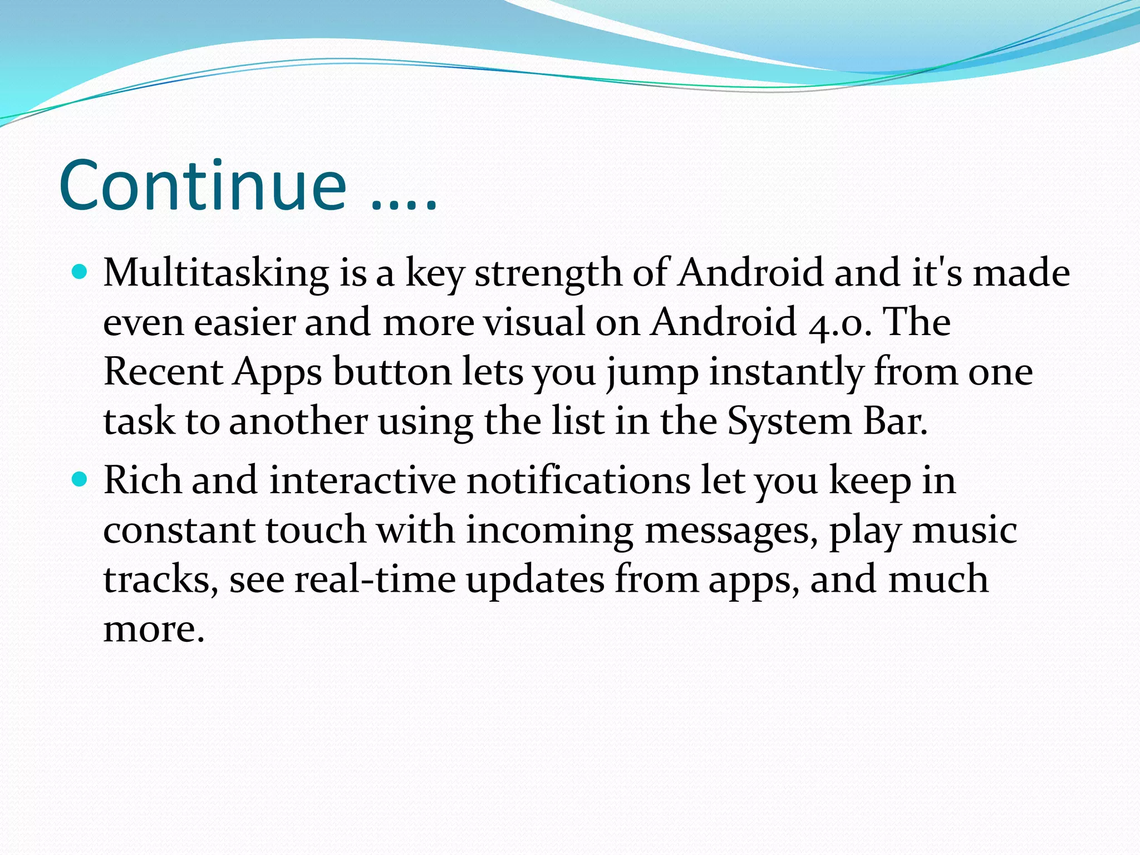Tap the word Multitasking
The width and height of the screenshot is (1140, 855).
(216, 273)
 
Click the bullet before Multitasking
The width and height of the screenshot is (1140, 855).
(81, 272)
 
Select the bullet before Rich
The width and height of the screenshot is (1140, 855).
(81, 479)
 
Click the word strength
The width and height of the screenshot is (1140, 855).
(548, 273)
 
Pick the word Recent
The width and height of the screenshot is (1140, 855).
(163, 371)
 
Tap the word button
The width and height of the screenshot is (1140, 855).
(392, 371)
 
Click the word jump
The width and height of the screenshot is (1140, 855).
(652, 372)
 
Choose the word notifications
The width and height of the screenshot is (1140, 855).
(579, 480)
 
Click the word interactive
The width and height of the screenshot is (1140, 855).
(362, 480)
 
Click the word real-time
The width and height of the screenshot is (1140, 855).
(375, 579)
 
